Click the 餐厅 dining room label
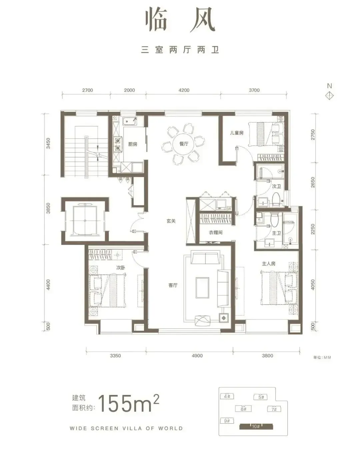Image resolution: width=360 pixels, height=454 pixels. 184,144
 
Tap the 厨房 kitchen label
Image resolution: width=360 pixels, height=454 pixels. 133,144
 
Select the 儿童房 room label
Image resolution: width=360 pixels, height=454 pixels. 237,133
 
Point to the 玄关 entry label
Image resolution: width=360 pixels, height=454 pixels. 171,221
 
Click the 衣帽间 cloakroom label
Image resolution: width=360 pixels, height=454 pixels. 216,233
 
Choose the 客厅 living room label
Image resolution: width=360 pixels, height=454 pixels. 173,285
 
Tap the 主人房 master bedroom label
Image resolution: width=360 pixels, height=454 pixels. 268,264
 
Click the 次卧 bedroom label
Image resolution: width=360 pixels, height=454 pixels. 121,268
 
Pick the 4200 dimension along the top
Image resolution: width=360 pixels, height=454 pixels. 184,90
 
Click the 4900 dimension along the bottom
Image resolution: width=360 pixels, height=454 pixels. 197,356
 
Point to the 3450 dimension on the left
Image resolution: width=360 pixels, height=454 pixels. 48,143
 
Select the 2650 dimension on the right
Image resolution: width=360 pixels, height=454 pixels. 313,182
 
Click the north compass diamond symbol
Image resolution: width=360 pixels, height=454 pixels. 329,96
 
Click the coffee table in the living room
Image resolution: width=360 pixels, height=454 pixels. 202,288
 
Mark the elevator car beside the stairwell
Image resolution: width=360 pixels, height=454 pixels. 85,220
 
